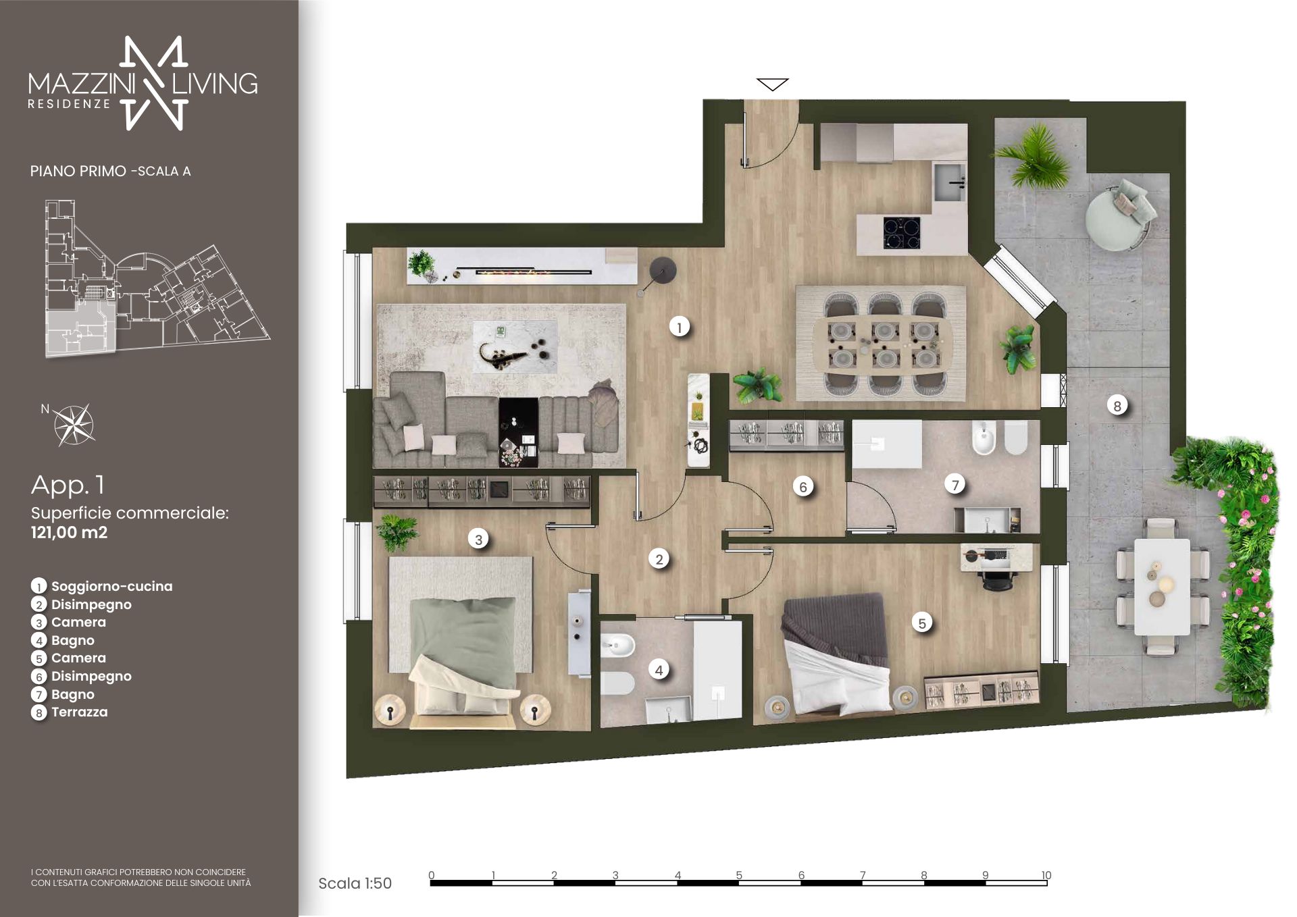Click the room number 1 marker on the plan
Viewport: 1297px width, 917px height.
point(679,327)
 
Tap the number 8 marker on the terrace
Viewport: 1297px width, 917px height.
point(1117,406)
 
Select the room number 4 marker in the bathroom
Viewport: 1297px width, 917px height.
point(659,670)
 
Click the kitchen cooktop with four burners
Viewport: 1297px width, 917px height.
point(902,233)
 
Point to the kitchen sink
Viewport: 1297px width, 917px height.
point(950,181)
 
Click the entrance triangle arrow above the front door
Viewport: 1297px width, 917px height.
point(772,84)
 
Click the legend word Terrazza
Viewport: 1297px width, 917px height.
point(80,712)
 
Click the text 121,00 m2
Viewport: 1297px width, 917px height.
point(69,532)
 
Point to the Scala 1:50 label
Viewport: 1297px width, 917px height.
point(355,883)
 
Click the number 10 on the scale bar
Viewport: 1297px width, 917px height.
point(1046,875)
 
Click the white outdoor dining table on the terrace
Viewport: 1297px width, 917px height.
point(1162,586)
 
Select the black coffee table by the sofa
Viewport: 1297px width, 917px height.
point(518,432)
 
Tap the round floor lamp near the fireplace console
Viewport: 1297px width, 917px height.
point(662,271)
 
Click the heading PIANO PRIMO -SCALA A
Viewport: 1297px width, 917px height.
point(110,172)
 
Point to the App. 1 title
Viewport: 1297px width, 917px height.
point(68,485)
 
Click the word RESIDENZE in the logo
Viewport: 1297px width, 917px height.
point(69,104)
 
